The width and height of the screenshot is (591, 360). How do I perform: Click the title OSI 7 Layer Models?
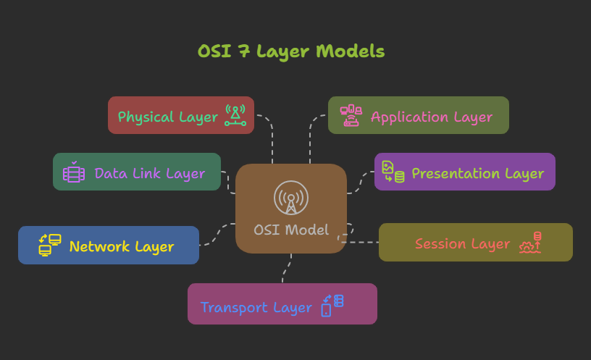click(291, 52)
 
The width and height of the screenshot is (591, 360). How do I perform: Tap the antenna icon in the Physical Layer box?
click(235, 116)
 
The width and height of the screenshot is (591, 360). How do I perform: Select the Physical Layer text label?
click(167, 117)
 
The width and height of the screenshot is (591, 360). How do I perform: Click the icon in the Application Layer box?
click(351, 116)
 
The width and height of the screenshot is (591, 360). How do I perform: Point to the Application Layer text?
click(432, 117)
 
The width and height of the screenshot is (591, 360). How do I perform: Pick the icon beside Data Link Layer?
click(74, 172)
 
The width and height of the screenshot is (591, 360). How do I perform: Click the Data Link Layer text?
click(150, 173)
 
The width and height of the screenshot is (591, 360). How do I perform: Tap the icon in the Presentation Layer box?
click(393, 172)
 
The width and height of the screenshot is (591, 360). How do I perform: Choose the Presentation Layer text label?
click(477, 173)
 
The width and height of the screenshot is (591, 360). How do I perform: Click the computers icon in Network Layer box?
click(50, 246)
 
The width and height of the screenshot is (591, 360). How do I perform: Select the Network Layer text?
click(122, 246)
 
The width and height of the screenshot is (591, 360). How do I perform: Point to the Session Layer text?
click(462, 243)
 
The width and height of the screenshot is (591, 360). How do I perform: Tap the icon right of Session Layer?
click(531, 243)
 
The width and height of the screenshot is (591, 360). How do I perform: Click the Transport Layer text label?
click(256, 307)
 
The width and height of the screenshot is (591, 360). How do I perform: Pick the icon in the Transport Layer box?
click(332, 304)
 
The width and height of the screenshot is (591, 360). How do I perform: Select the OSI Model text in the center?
click(291, 230)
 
